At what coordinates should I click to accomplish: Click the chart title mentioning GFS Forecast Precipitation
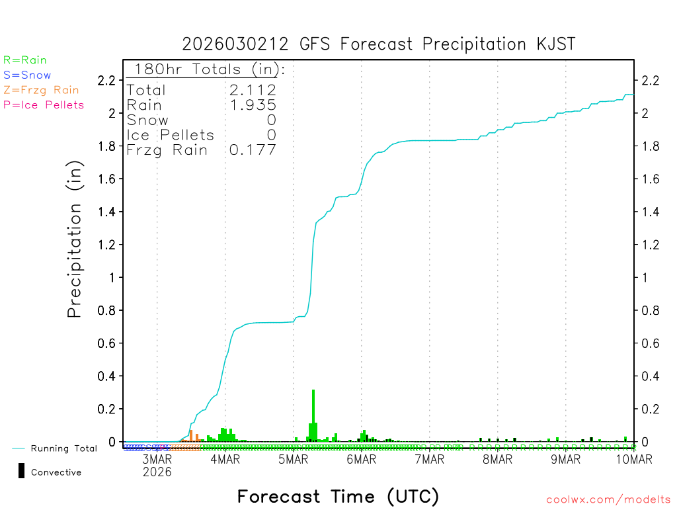379,44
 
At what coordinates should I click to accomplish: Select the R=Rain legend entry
25,60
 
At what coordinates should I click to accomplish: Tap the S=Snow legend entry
27,75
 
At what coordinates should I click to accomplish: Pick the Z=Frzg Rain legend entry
41,90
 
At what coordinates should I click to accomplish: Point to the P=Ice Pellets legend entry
44,105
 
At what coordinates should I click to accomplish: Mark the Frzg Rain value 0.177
253,150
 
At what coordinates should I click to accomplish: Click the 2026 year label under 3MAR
157,472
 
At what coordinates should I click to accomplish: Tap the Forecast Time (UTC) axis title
338,496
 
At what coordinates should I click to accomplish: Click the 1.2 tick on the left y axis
107,245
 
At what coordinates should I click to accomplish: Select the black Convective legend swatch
22,471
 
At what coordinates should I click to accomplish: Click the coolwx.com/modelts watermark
608,499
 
